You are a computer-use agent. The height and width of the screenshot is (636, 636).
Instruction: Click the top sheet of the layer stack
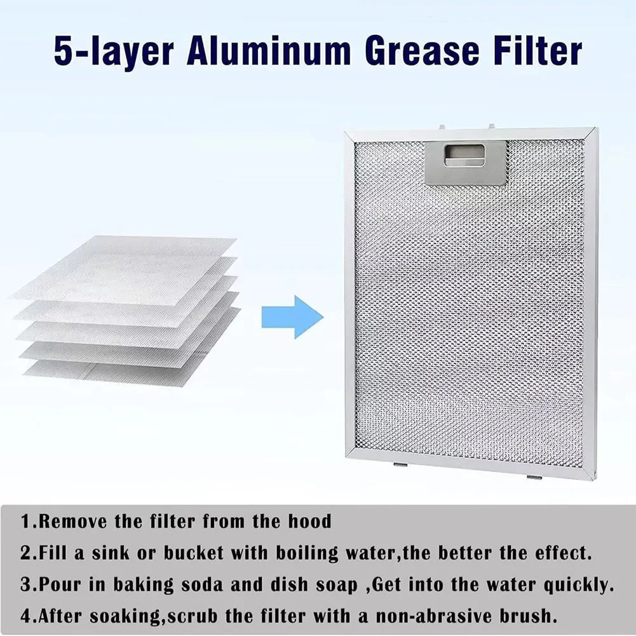click(127, 267)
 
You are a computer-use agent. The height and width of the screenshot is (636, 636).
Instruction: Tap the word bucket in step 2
click(193, 553)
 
